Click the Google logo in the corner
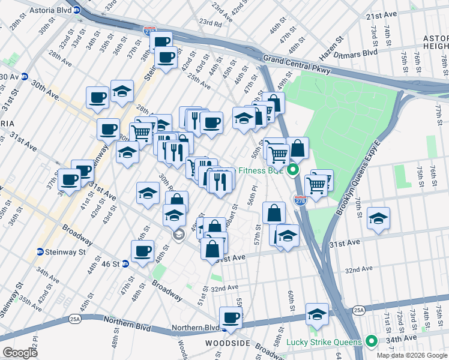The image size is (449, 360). point(20,353)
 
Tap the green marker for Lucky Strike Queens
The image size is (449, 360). point(372,342)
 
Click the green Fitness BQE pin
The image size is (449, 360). point(293,170)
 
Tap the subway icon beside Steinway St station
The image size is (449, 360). point(40,252)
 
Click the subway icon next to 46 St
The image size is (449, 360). point(125,263)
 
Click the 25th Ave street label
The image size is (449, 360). point(199,81)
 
